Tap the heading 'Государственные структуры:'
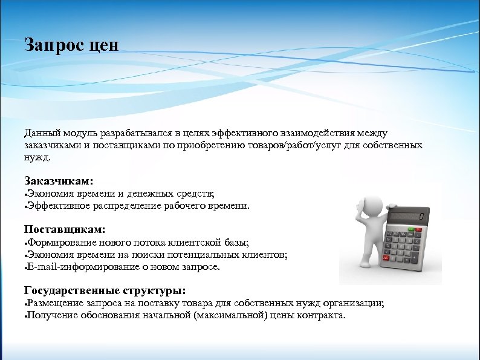[105, 290]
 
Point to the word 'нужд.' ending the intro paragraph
[38, 157]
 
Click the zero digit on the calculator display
[421, 217]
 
